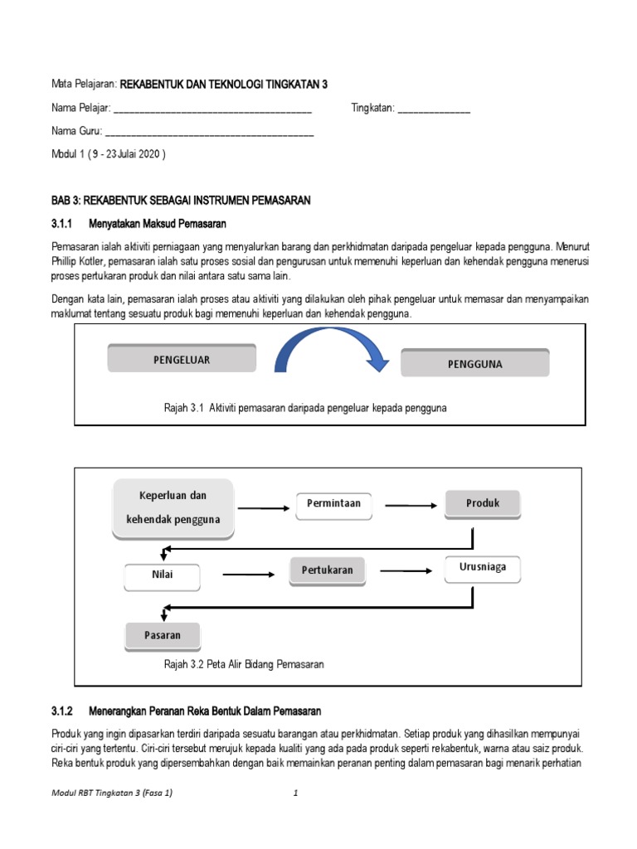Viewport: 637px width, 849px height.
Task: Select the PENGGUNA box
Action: click(x=474, y=363)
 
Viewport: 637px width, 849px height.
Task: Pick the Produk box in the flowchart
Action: click(x=483, y=503)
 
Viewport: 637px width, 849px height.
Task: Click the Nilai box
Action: click(x=163, y=574)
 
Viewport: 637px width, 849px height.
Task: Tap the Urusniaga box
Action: click(x=488, y=567)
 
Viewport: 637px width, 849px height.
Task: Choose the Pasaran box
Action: click(x=163, y=635)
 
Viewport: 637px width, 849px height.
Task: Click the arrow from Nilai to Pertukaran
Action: click(x=248, y=574)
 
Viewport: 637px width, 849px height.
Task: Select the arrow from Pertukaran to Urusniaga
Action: click(x=404, y=570)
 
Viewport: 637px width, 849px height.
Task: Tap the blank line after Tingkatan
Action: click(x=434, y=109)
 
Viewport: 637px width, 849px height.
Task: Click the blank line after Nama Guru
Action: click(x=210, y=133)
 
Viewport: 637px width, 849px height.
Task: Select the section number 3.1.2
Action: click(x=63, y=711)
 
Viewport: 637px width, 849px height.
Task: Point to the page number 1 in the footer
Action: click(x=295, y=793)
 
